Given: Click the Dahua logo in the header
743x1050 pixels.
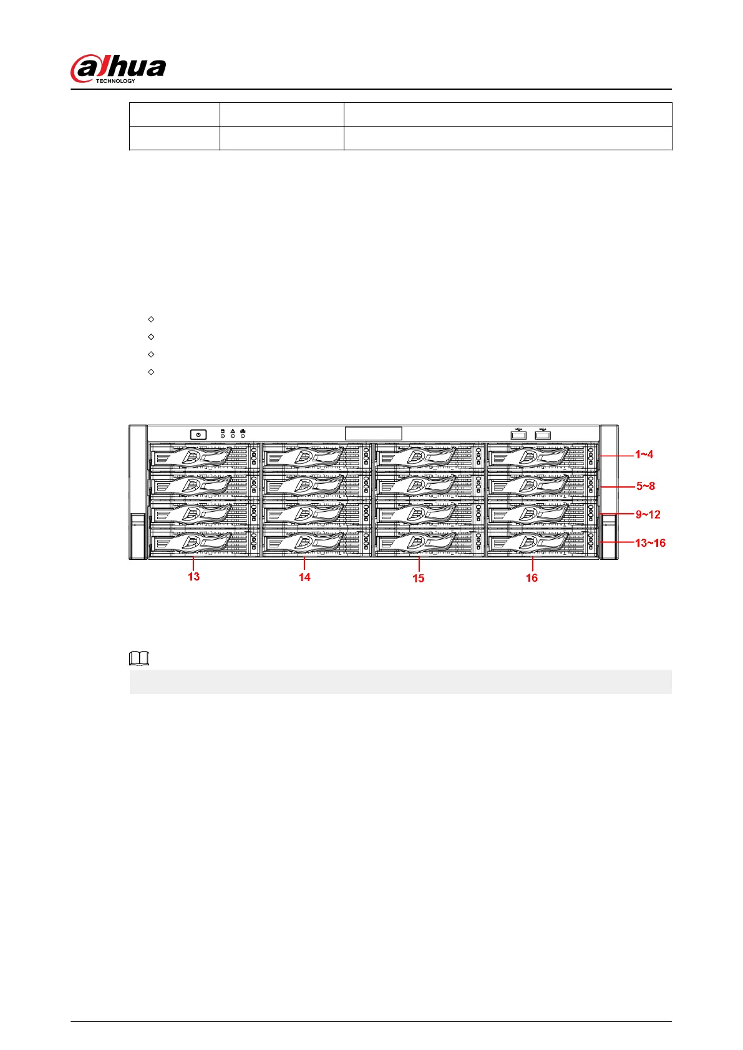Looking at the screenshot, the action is pos(118,68).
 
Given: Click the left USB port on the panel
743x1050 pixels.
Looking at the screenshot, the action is pos(518,434).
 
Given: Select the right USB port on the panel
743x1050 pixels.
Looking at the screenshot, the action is pos(543,434).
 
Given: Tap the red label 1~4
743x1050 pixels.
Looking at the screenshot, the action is pos(644,455).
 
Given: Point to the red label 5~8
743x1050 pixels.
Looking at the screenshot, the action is pos(646,486).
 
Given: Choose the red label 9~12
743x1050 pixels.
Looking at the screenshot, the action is pos(648,514).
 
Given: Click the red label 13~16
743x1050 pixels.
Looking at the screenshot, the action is pos(650,542).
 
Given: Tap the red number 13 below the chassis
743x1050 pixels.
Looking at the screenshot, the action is pos(194,577).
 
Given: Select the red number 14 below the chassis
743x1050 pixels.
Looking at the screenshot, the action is pos(304,577).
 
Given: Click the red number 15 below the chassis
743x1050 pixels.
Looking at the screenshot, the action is pos(418,579).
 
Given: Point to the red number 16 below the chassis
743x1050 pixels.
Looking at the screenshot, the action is pos(532,578).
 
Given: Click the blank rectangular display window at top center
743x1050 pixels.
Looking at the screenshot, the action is pos(373,433).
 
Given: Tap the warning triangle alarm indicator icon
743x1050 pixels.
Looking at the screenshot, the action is pos(233,431).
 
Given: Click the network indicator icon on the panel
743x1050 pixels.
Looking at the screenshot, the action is pos(243,431).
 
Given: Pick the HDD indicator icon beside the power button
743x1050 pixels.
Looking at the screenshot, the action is pos(223,431).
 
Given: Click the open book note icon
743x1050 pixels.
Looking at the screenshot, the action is pos(138,658).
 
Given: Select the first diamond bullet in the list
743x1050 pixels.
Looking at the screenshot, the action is pos(151,319).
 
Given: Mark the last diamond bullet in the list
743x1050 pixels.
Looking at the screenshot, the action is pos(151,372).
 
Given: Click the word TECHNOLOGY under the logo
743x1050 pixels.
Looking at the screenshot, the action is pos(115,81).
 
